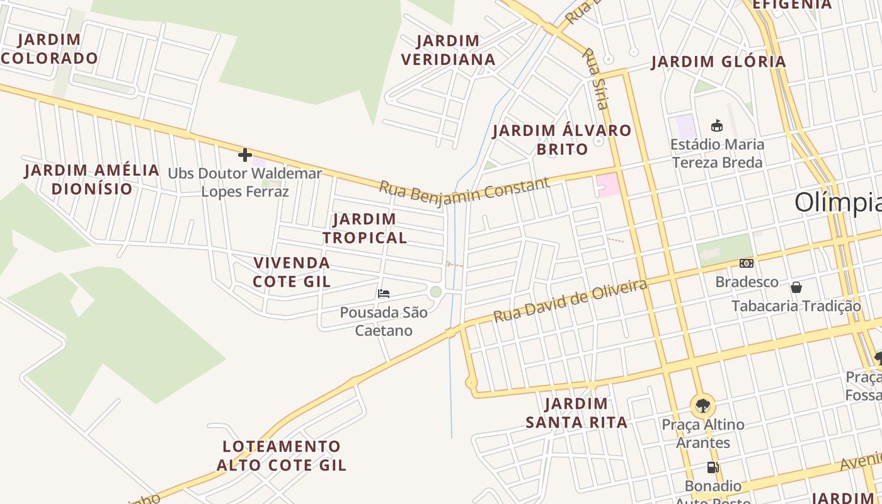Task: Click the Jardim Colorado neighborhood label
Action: [49, 49]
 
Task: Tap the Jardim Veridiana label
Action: [448, 50]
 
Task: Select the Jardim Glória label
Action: [718, 62]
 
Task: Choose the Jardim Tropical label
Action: [365, 228]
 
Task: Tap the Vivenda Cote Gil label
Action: [292, 272]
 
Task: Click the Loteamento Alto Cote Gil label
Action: [282, 455]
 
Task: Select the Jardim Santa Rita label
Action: [576, 413]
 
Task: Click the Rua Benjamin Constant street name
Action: [464, 190]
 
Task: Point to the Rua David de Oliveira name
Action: [570, 301]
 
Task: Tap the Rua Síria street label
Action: [595, 79]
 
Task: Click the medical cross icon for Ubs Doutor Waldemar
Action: [245, 155]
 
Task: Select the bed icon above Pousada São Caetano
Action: [384, 294]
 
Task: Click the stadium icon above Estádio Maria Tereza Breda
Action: [716, 125]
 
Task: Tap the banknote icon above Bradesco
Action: [747, 263]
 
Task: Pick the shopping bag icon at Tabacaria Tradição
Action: [796, 288]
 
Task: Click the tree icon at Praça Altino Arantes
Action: [702, 405]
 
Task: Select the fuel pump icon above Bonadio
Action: [713, 467]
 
